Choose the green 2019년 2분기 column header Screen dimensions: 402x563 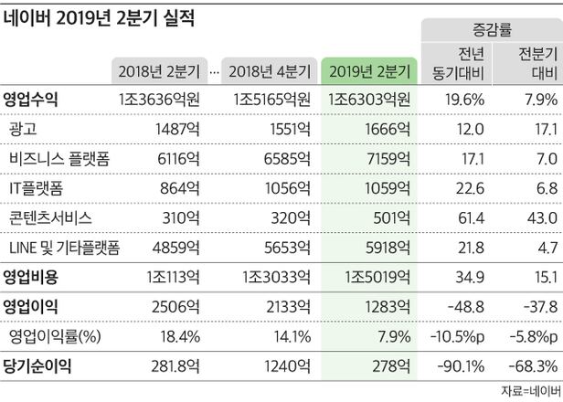(368, 70)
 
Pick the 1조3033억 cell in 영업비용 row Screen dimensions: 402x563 (276, 276)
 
